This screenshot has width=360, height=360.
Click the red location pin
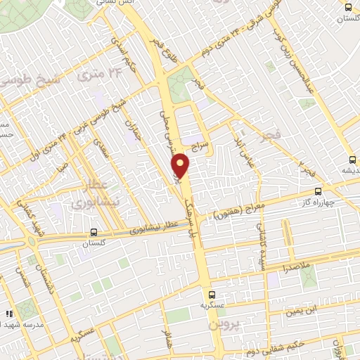181,166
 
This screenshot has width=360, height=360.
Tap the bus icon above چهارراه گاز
319,191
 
